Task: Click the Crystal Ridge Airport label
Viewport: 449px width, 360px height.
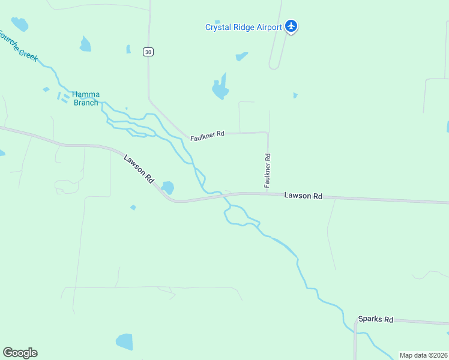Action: click(x=243, y=27)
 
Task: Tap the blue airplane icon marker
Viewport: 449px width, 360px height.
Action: click(x=291, y=26)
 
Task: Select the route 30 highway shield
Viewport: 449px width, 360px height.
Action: click(x=148, y=52)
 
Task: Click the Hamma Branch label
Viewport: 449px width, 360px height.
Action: click(x=86, y=98)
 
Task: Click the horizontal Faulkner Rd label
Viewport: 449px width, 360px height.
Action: click(x=207, y=136)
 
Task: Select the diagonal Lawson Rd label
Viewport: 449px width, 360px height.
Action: click(x=139, y=169)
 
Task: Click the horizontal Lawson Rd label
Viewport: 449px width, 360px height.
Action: click(x=303, y=196)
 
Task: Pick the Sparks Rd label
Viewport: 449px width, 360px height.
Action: click(x=375, y=320)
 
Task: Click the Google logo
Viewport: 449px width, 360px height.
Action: click(x=20, y=353)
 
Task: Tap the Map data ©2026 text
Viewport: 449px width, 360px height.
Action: click(x=423, y=355)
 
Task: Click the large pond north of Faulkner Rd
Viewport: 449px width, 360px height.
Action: click(x=220, y=89)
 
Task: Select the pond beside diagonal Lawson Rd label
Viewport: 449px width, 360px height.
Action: click(x=167, y=188)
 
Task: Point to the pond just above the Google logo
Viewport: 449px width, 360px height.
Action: click(x=124, y=341)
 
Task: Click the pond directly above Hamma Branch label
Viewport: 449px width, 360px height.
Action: click(x=85, y=44)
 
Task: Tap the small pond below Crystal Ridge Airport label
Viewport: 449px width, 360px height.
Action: click(x=241, y=56)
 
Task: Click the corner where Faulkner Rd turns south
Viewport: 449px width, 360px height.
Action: click(x=267, y=133)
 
